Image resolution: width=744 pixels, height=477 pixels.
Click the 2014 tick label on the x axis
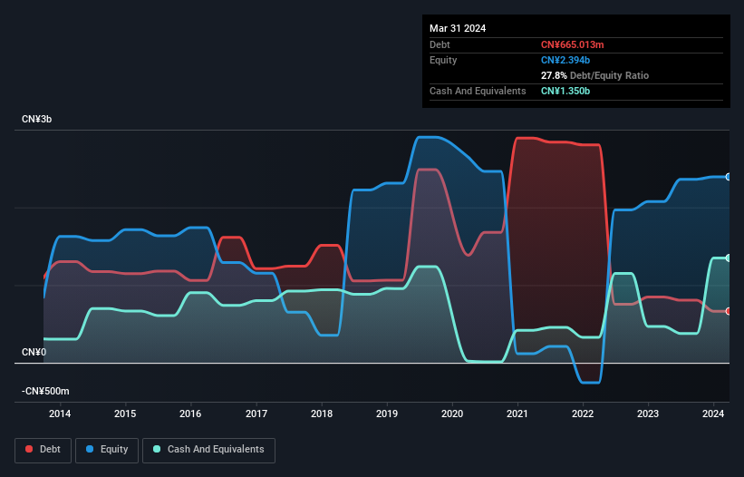(x=60, y=414)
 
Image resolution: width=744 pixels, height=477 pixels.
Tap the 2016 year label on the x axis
(x=190, y=414)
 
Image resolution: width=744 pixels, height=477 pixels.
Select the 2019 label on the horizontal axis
(x=387, y=414)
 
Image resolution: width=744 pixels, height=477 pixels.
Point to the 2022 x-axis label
(x=583, y=414)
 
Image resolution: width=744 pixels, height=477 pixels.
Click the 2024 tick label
(x=713, y=414)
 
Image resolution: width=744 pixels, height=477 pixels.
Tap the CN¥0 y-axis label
(x=34, y=352)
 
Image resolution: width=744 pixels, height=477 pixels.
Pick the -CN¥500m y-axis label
(x=45, y=391)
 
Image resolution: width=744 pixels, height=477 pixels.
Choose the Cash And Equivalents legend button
(x=208, y=450)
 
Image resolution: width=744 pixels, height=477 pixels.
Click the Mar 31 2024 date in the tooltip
(x=458, y=28)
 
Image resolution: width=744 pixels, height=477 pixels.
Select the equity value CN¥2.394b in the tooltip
(x=566, y=60)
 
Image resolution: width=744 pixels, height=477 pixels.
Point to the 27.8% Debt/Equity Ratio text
(x=594, y=75)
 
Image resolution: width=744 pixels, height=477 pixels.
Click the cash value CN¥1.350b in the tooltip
(x=566, y=91)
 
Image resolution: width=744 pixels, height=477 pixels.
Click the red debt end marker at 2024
(x=729, y=311)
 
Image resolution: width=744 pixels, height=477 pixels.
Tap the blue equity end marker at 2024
(x=729, y=177)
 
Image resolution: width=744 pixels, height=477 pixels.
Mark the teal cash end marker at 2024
(x=729, y=258)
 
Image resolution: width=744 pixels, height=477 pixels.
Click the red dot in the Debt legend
(x=30, y=450)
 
